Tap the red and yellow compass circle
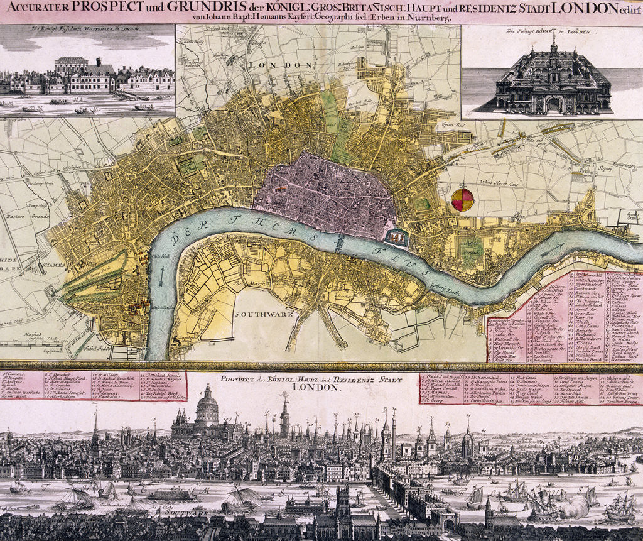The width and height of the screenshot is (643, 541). pyautogui.click(x=463, y=200)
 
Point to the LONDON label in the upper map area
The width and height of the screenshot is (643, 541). pyautogui.click(x=271, y=65)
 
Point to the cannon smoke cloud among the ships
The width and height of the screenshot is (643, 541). pyautogui.click(x=573, y=506)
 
